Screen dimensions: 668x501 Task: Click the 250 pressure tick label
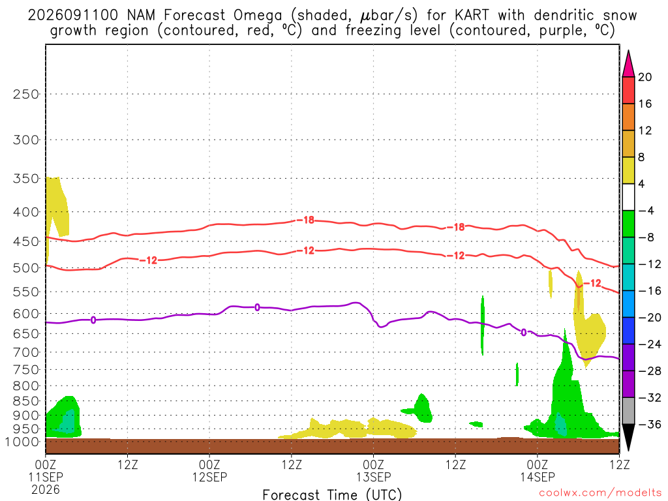(x=26, y=94)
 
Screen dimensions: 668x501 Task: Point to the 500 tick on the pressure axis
(x=26, y=268)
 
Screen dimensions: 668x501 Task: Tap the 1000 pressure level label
(x=22, y=442)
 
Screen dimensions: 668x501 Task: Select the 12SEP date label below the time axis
(x=209, y=477)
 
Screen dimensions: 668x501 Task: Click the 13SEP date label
(x=374, y=477)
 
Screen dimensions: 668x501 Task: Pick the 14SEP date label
(x=538, y=477)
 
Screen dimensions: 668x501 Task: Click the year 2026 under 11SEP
(x=46, y=490)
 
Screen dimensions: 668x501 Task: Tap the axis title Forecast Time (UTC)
(x=332, y=494)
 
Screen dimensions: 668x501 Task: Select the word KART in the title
(x=472, y=16)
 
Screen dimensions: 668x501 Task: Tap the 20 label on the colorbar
(x=645, y=77)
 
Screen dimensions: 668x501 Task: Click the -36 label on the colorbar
(x=649, y=424)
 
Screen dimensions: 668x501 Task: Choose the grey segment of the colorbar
(x=628, y=411)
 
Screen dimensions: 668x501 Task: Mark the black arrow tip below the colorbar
(x=628, y=450)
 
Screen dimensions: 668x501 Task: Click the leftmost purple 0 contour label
(x=93, y=320)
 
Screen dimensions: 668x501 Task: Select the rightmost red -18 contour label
(x=456, y=227)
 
